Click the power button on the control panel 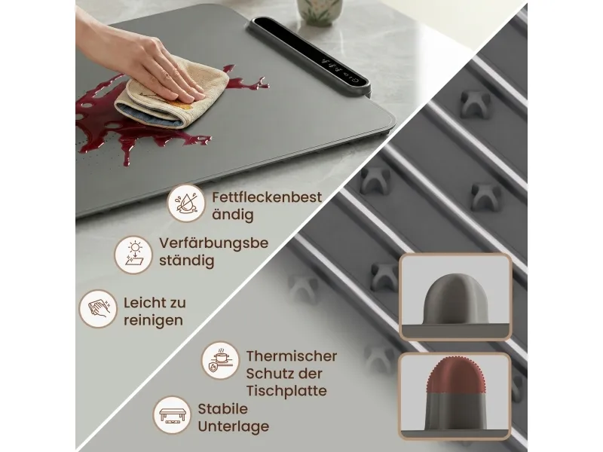coord(354,81)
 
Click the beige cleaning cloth coord(172,92)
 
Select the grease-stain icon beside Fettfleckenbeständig coord(186,203)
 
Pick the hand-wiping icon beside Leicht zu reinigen coord(98,309)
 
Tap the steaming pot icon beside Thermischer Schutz coord(220,361)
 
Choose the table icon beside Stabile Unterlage coord(172,415)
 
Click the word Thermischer coord(292,356)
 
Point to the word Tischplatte coord(286,391)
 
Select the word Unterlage coord(234,426)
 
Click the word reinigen coord(153,321)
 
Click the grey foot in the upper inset coord(455,301)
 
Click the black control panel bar coord(310,56)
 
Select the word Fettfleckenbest coord(267,197)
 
